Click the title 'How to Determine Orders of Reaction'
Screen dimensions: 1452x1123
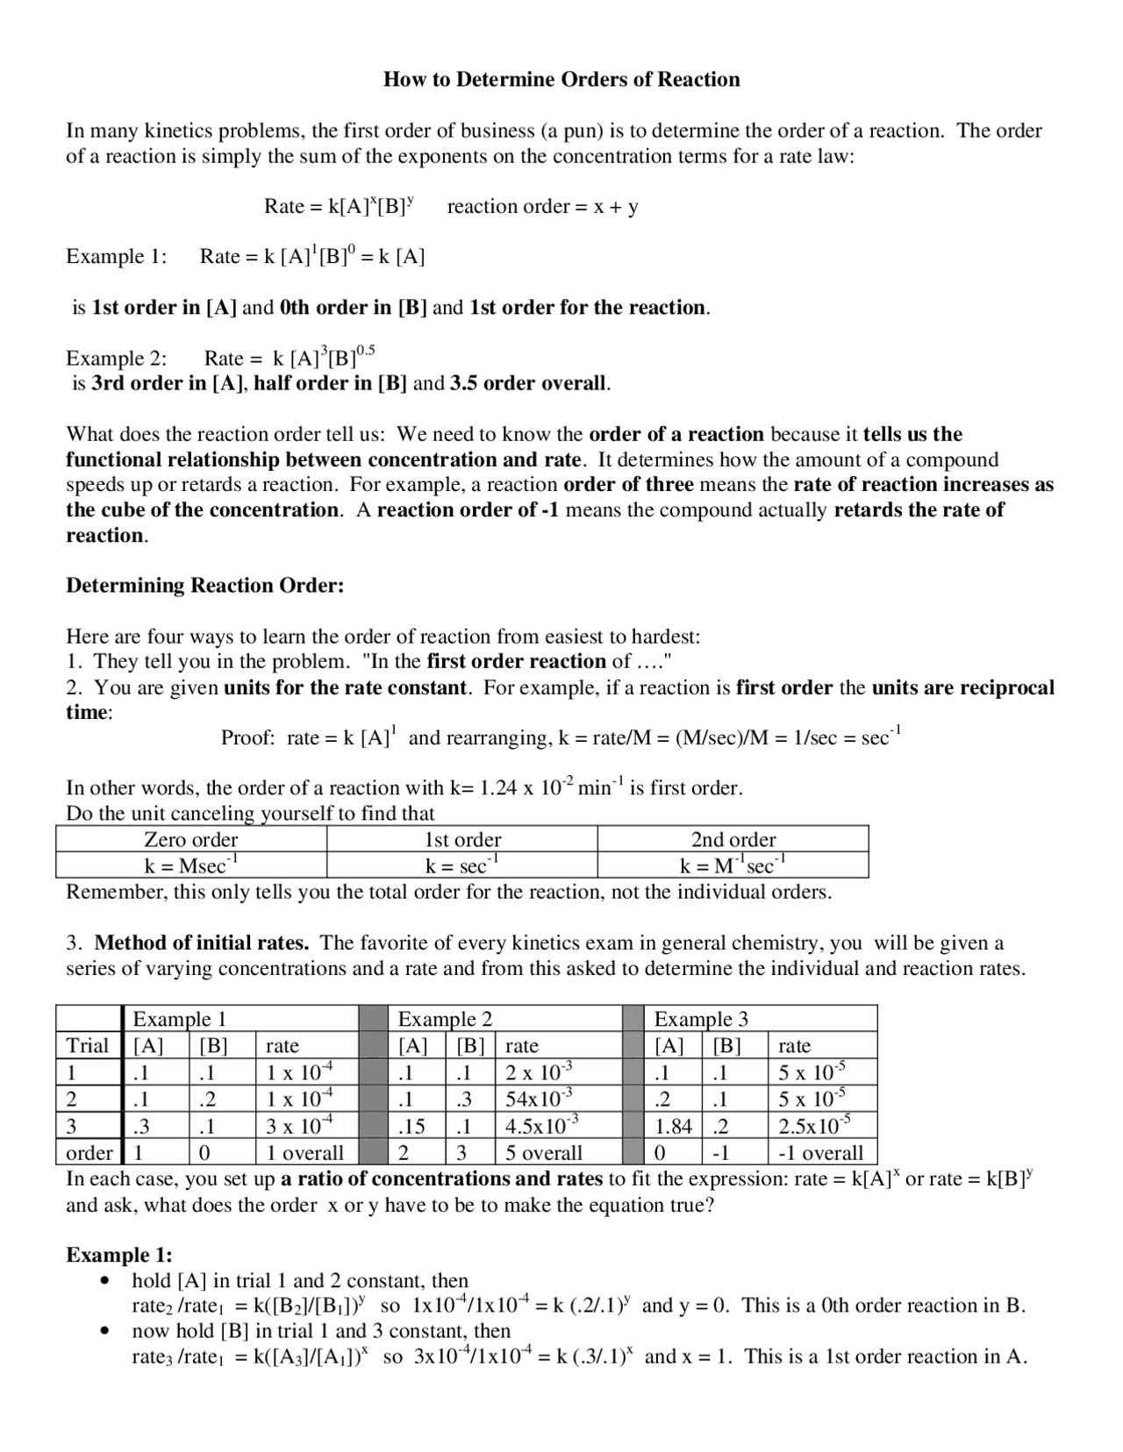[561, 80]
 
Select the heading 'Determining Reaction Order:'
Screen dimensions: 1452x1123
[204, 586]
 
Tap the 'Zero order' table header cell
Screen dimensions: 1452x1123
[190, 839]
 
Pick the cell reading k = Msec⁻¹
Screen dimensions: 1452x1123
[190, 865]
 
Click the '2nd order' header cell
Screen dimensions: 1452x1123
[733, 839]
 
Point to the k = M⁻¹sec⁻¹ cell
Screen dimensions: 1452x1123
[733, 865]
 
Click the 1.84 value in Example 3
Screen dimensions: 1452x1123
[674, 1126]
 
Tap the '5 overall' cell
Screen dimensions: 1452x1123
[543, 1152]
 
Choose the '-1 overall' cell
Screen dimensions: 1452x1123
[820, 1152]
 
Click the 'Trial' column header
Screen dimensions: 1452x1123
[87, 1045]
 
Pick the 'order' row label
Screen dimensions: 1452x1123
[89, 1152]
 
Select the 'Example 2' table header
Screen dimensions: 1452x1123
[445, 1019]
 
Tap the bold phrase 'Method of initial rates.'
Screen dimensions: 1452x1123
[201, 943]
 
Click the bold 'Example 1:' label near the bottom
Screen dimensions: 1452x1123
[119, 1255]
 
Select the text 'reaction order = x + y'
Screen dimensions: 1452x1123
[542, 207]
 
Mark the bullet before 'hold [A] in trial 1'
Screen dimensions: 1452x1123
[106, 1281]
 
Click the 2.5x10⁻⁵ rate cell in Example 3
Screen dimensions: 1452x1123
[813, 1126]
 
